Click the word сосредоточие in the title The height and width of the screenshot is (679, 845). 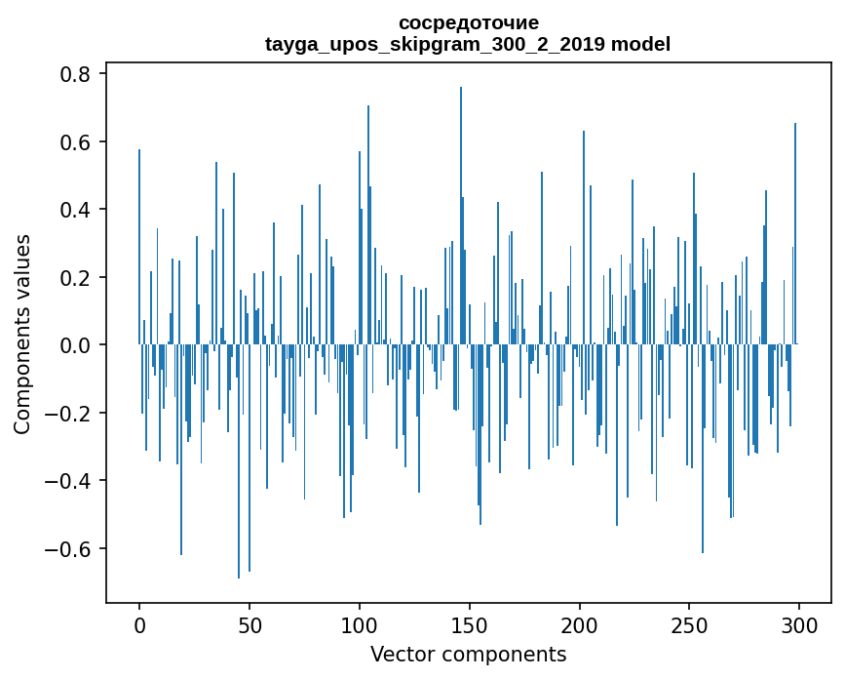tap(468, 22)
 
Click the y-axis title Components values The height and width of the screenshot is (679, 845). tap(22, 333)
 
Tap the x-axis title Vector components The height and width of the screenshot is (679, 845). tap(468, 654)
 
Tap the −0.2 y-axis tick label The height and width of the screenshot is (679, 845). tap(69, 413)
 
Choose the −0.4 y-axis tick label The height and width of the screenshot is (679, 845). tap(69, 481)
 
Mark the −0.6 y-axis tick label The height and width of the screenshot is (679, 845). tap(69, 548)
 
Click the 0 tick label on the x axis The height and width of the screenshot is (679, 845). tap(139, 623)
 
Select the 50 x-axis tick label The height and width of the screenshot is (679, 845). tap(250, 623)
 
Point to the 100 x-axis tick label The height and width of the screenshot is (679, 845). tap(360, 623)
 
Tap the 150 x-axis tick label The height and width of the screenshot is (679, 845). tap(470, 623)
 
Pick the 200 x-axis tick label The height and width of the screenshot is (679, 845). tap(580, 623)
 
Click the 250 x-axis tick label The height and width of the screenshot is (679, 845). tap(690, 623)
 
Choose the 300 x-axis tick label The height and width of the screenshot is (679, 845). tap(799, 623)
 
